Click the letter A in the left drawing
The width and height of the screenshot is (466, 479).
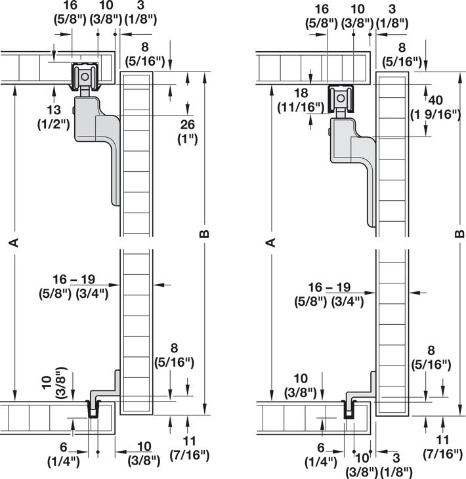(13, 243)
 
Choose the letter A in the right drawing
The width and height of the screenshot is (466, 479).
(270, 243)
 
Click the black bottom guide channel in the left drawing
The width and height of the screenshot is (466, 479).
(93, 410)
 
